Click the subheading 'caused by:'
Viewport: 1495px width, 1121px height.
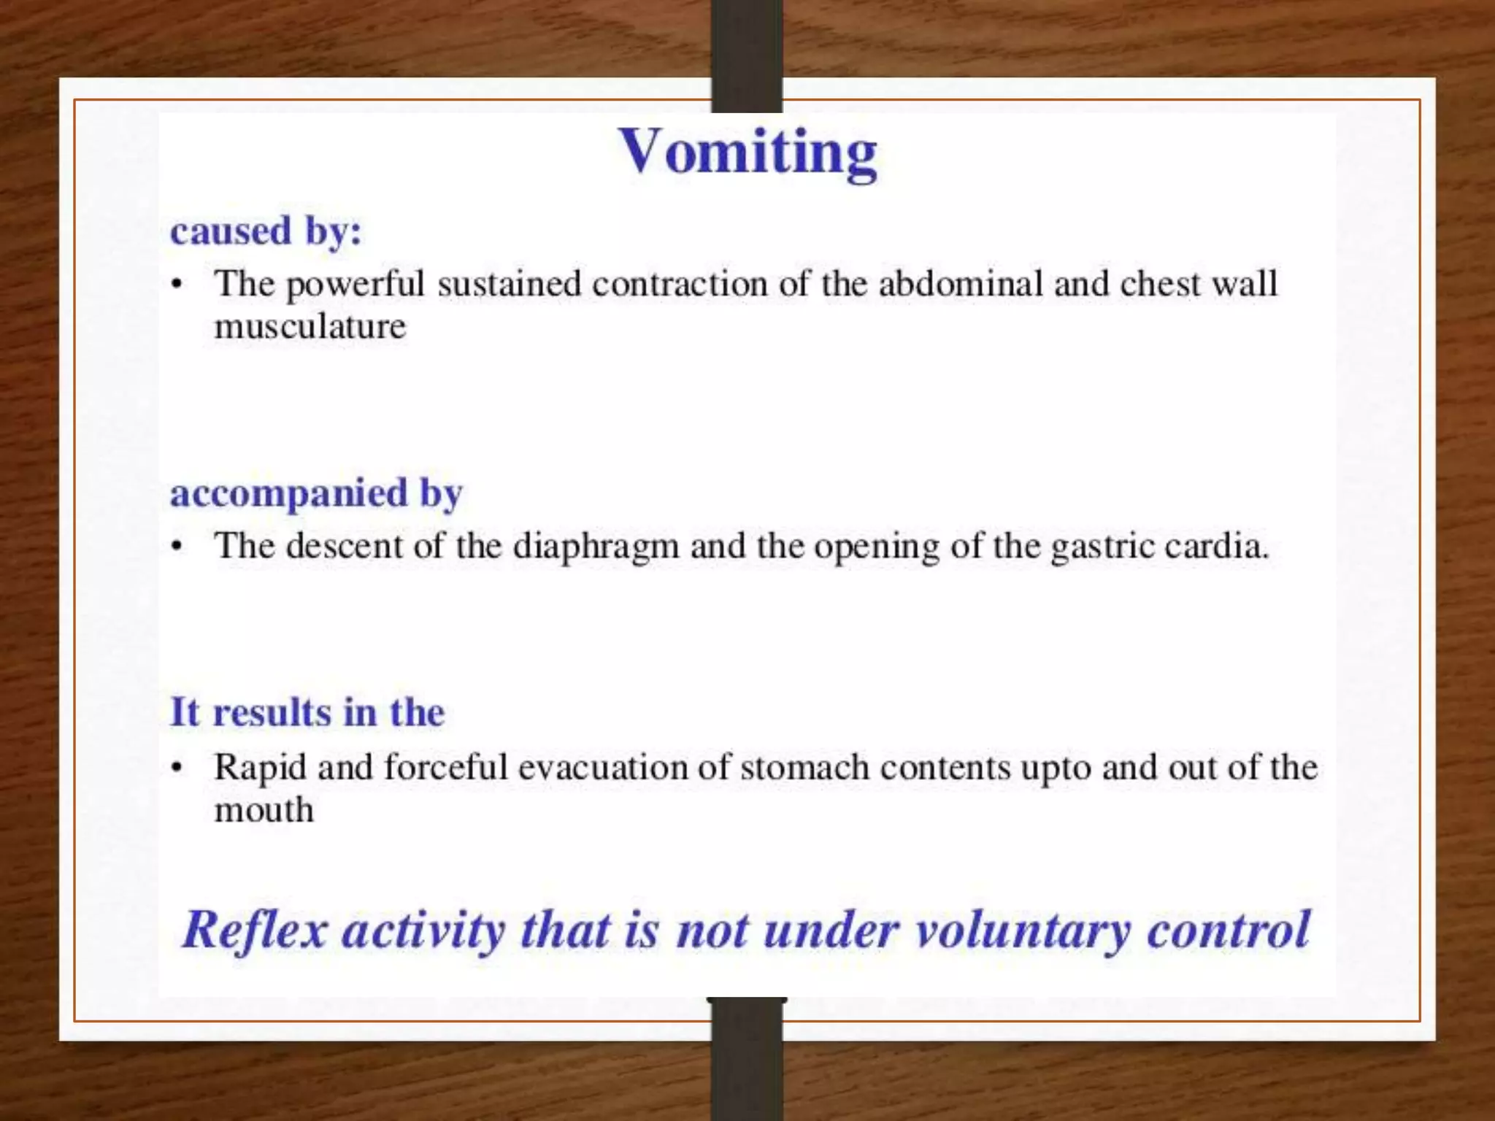(266, 231)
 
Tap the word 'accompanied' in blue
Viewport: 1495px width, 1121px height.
(289, 494)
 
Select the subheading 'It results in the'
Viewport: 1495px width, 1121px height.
(307, 712)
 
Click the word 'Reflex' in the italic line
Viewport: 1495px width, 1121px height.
(254, 931)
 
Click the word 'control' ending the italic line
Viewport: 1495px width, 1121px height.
(1229, 931)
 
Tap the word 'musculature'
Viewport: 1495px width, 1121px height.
(310, 325)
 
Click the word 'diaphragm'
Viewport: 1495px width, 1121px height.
(596, 546)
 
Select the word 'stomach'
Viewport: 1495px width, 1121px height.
(804, 768)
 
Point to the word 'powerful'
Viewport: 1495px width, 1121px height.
(355, 283)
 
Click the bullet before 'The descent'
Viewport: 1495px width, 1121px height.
(177, 547)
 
